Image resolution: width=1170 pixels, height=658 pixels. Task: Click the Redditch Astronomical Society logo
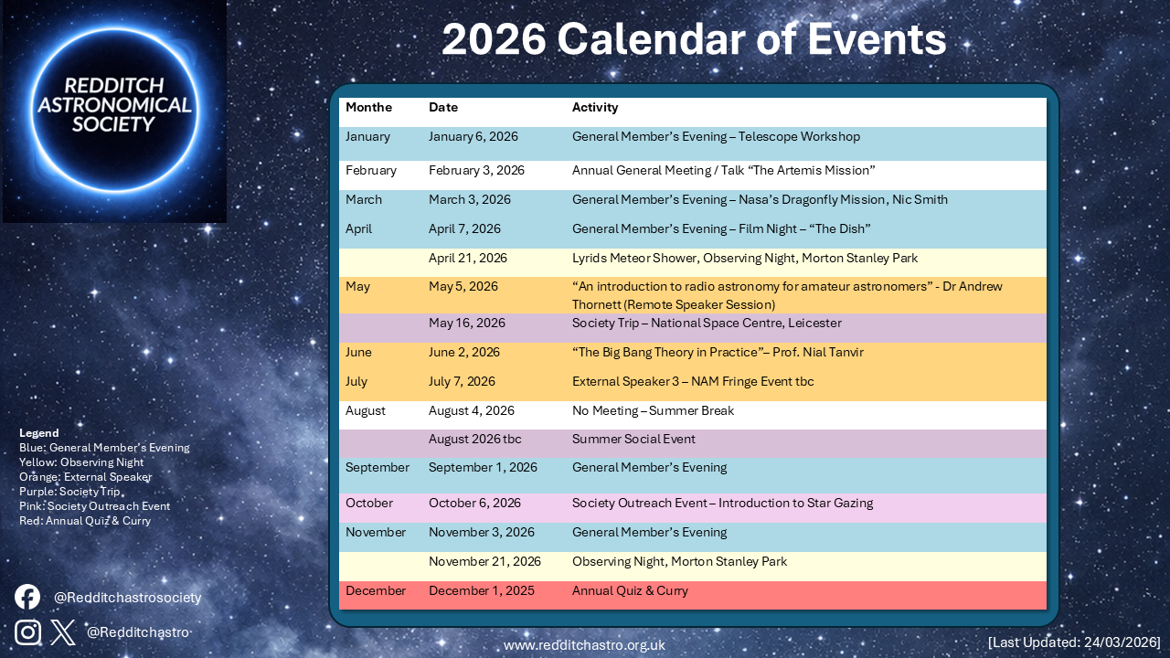coord(114,111)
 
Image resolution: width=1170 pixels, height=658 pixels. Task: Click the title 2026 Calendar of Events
coord(693,40)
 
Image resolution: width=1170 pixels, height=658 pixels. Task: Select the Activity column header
coord(595,108)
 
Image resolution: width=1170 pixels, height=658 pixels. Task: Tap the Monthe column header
coord(368,108)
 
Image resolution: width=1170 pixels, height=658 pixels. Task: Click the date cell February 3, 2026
coord(476,170)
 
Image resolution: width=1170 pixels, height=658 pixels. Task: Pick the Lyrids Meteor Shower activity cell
coord(744,258)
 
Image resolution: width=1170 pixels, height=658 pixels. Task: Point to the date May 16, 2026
coord(466,323)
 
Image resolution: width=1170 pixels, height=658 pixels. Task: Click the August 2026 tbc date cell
coord(474,439)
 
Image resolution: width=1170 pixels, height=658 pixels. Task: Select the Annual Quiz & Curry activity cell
coord(630,591)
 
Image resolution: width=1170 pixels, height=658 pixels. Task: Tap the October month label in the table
coord(369,504)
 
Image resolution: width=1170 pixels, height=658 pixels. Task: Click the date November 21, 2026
coord(484,561)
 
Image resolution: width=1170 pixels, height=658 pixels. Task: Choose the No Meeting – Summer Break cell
coord(653,411)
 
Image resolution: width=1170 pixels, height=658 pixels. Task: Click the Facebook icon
coord(27,597)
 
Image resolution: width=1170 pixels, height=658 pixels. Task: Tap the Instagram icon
coord(27,631)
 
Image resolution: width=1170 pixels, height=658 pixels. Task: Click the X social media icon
coord(63,631)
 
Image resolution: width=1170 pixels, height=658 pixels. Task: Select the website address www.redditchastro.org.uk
coord(584,645)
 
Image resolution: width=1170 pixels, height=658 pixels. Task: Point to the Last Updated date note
coord(1074,642)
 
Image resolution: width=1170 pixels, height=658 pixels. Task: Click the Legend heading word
coord(38,433)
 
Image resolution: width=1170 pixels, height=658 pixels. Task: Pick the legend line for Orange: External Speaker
coord(85,477)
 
